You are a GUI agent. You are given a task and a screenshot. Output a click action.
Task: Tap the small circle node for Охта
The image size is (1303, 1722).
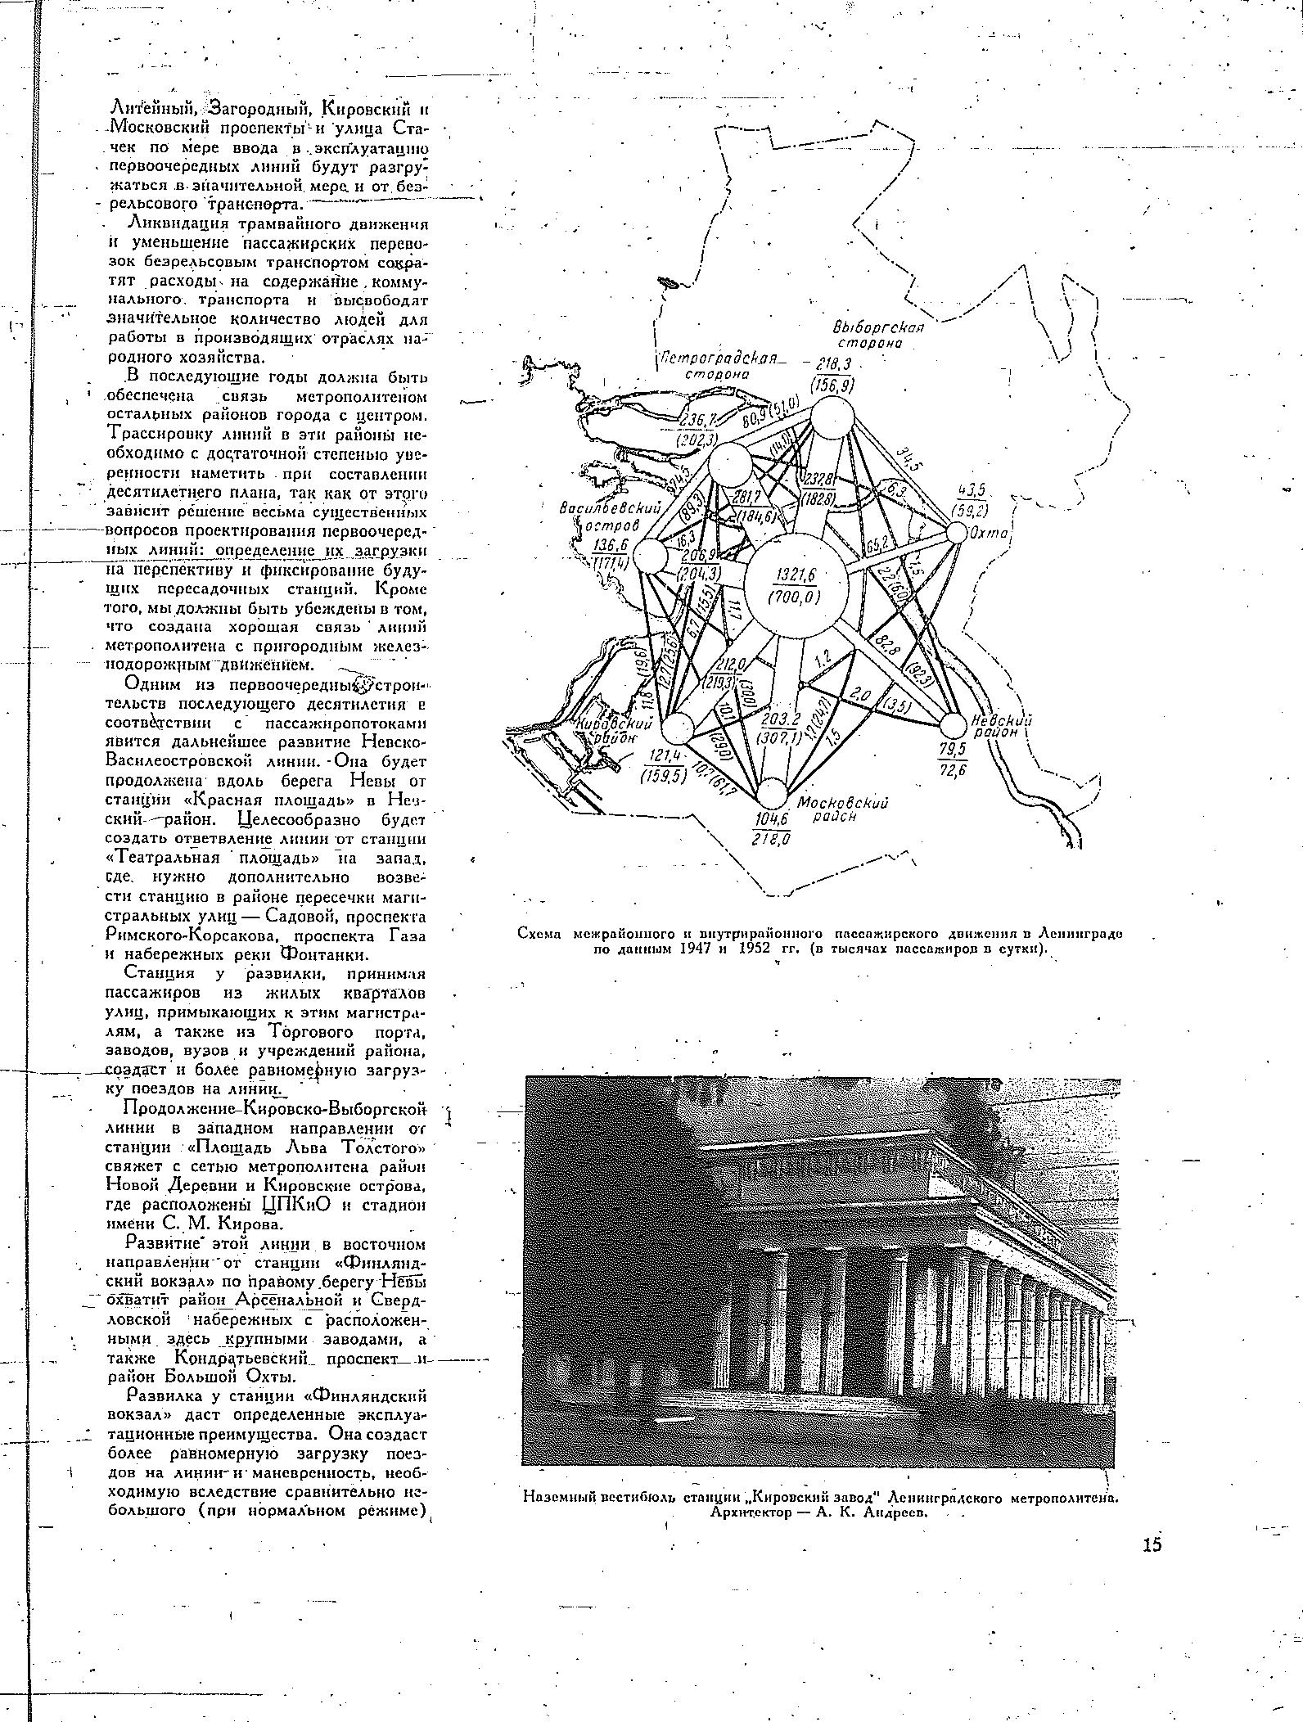click(955, 533)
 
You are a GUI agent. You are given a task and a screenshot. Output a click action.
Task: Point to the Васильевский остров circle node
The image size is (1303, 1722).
click(652, 558)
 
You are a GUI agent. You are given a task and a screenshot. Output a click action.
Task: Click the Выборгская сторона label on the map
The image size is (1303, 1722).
click(878, 336)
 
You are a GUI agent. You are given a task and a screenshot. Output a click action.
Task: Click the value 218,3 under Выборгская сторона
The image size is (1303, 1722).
click(830, 365)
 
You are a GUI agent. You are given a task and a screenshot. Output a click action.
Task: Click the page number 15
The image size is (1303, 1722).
click(1152, 1544)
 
